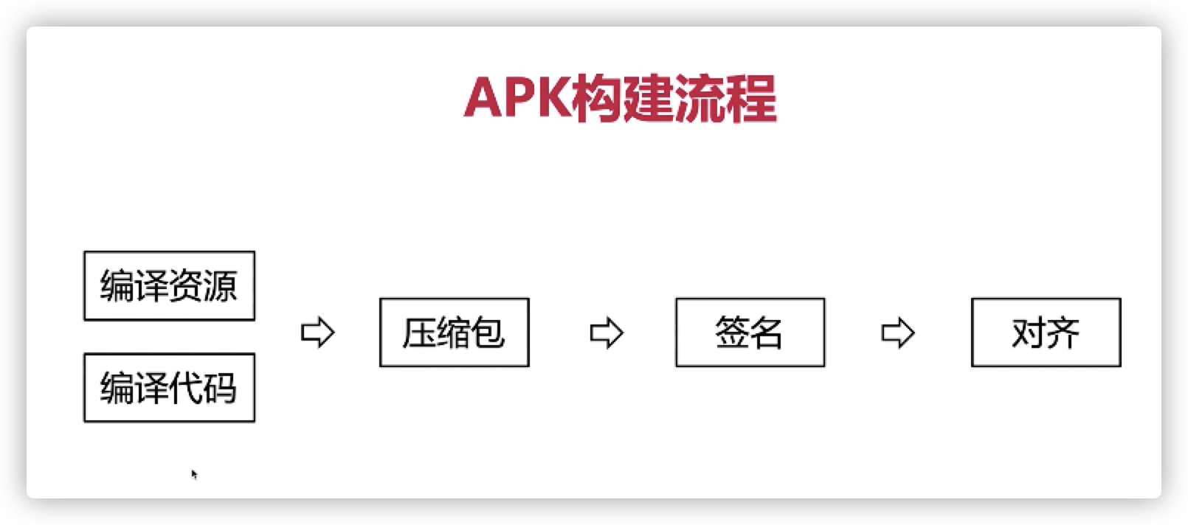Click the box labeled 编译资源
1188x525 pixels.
coord(169,285)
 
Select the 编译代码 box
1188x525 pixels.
coord(169,388)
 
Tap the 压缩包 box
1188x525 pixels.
coord(454,333)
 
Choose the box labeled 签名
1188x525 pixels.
coord(750,333)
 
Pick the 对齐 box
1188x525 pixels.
coord(1046,333)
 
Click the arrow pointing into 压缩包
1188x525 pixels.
coord(318,333)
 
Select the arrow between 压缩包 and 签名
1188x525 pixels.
coord(607,333)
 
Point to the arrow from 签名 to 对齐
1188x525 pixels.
coord(898,333)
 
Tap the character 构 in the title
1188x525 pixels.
coord(598,99)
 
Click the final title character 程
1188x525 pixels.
coord(752,99)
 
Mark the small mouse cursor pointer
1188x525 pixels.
coord(194,474)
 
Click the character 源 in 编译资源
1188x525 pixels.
coord(221,286)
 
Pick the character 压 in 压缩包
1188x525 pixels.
coord(419,333)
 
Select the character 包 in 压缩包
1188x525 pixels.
coord(488,333)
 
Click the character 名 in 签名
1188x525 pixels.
coord(767,333)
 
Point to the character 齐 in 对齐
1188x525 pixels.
coord(1063,333)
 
